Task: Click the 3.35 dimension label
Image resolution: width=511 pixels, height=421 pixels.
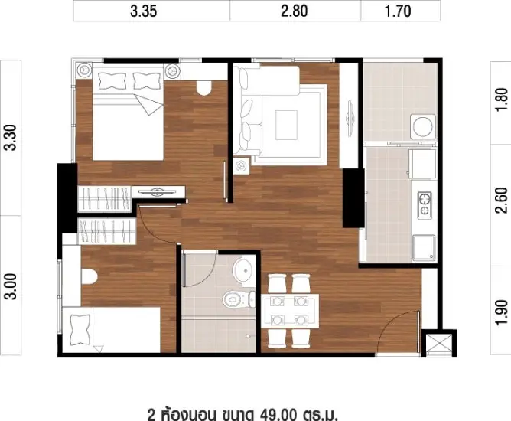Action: click(x=143, y=11)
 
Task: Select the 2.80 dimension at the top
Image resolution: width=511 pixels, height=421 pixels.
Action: click(x=295, y=11)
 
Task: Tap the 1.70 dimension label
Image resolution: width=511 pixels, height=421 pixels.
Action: click(x=398, y=11)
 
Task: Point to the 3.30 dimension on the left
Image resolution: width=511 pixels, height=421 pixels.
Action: click(x=11, y=137)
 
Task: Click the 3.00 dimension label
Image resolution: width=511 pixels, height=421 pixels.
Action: click(x=11, y=286)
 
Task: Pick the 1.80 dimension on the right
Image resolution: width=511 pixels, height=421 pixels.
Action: click(x=501, y=100)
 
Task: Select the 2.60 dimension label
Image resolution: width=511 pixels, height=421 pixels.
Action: click(x=501, y=201)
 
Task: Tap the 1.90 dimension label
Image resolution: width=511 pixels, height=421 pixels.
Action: click(x=501, y=312)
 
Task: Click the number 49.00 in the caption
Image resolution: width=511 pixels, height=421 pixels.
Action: click(x=278, y=413)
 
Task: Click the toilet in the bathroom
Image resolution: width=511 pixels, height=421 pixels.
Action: click(x=238, y=299)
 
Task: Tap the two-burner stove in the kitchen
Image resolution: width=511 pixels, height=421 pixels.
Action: click(x=425, y=205)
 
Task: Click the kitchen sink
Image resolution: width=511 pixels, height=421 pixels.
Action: click(x=424, y=248)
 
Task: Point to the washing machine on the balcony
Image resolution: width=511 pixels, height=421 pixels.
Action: click(x=423, y=126)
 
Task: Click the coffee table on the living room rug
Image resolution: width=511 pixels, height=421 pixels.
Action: click(x=286, y=125)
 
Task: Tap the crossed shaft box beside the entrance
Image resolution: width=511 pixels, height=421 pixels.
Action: click(x=438, y=344)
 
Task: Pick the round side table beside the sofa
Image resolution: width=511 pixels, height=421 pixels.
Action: click(x=242, y=165)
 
